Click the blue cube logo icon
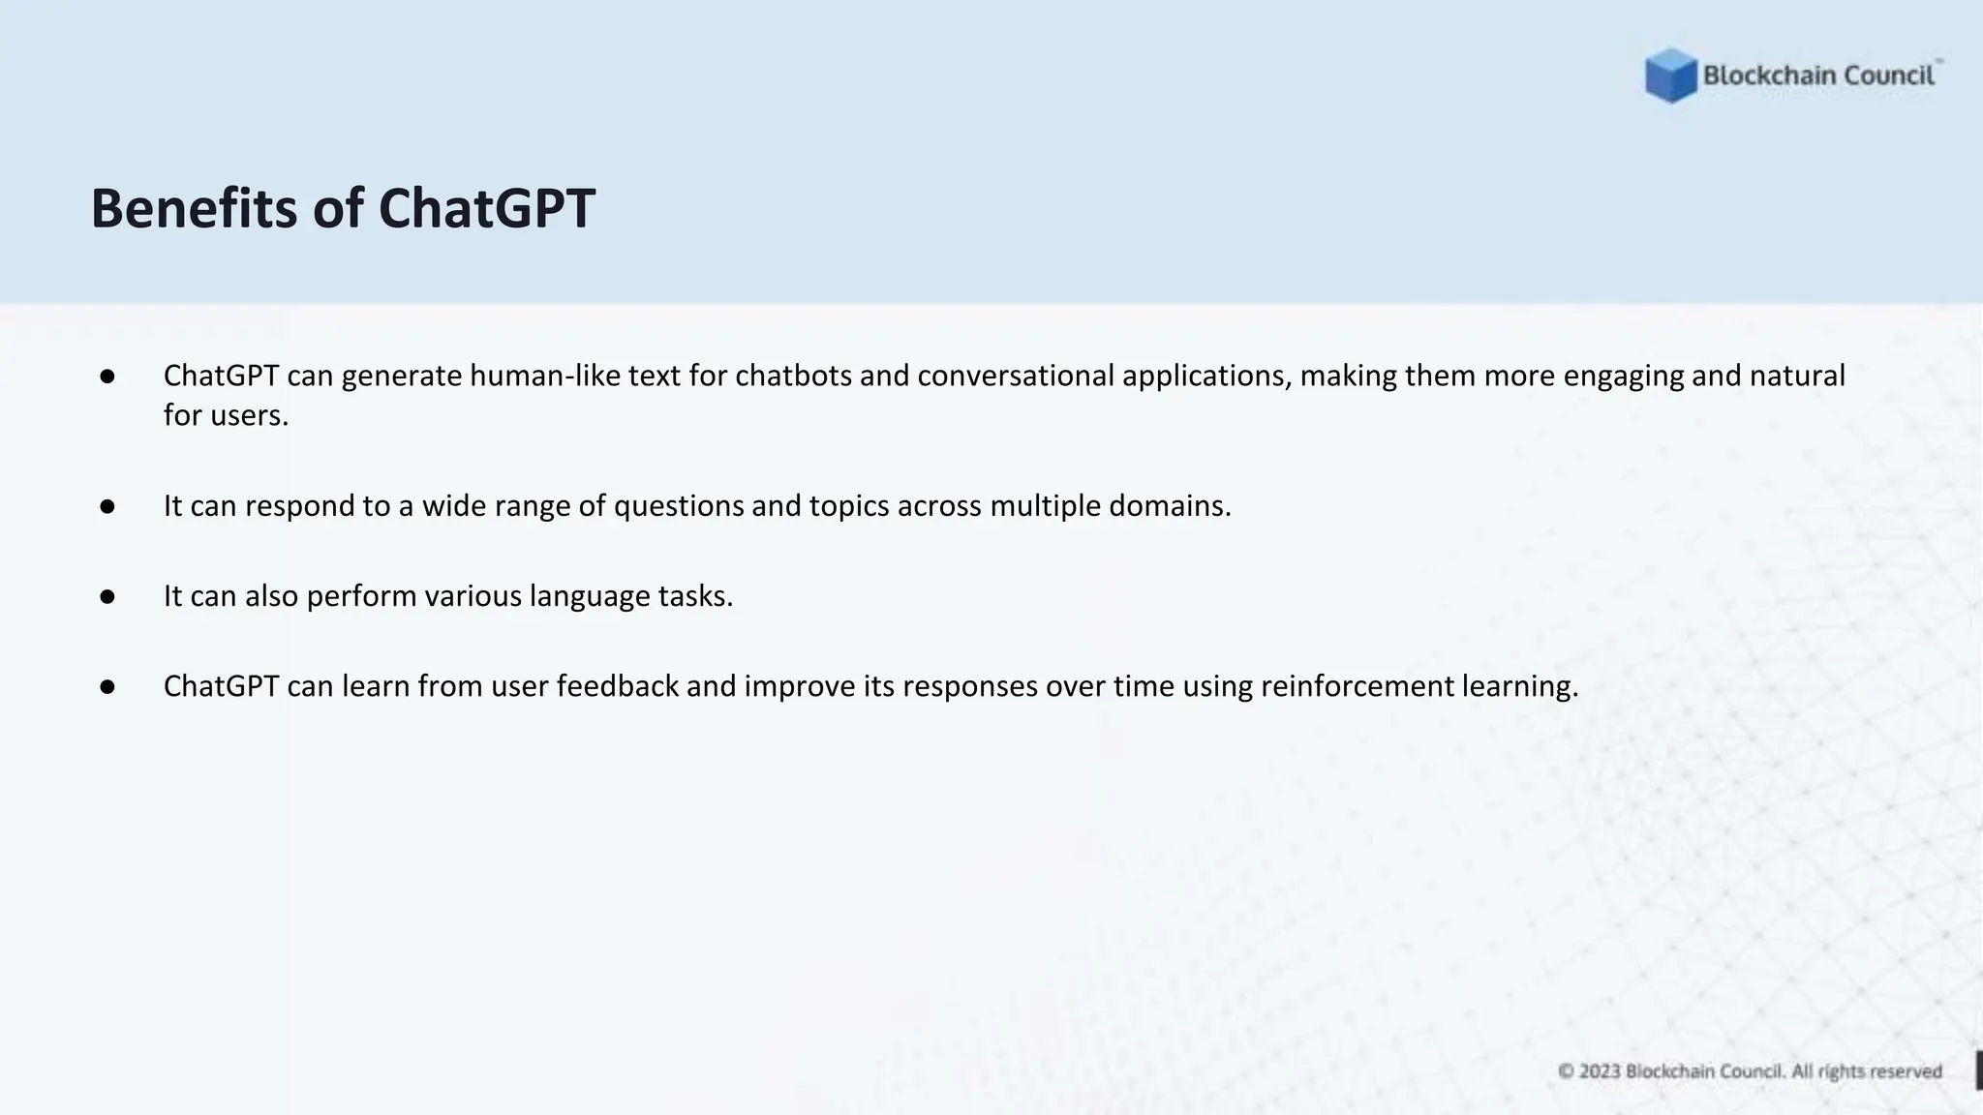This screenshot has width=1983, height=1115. click(1670, 75)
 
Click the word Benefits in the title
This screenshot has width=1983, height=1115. click(193, 208)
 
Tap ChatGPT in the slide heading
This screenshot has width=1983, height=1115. click(486, 208)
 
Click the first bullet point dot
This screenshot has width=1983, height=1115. click(107, 376)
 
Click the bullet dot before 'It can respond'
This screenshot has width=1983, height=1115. click(107, 506)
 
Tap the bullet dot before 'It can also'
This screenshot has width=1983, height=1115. click(107, 596)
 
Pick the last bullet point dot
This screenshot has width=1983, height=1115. click(107, 686)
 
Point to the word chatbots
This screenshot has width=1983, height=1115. click(793, 376)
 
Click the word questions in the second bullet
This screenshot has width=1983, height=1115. click(678, 506)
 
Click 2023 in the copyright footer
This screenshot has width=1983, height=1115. click(1600, 1071)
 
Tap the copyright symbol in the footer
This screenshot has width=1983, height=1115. click(1566, 1071)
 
